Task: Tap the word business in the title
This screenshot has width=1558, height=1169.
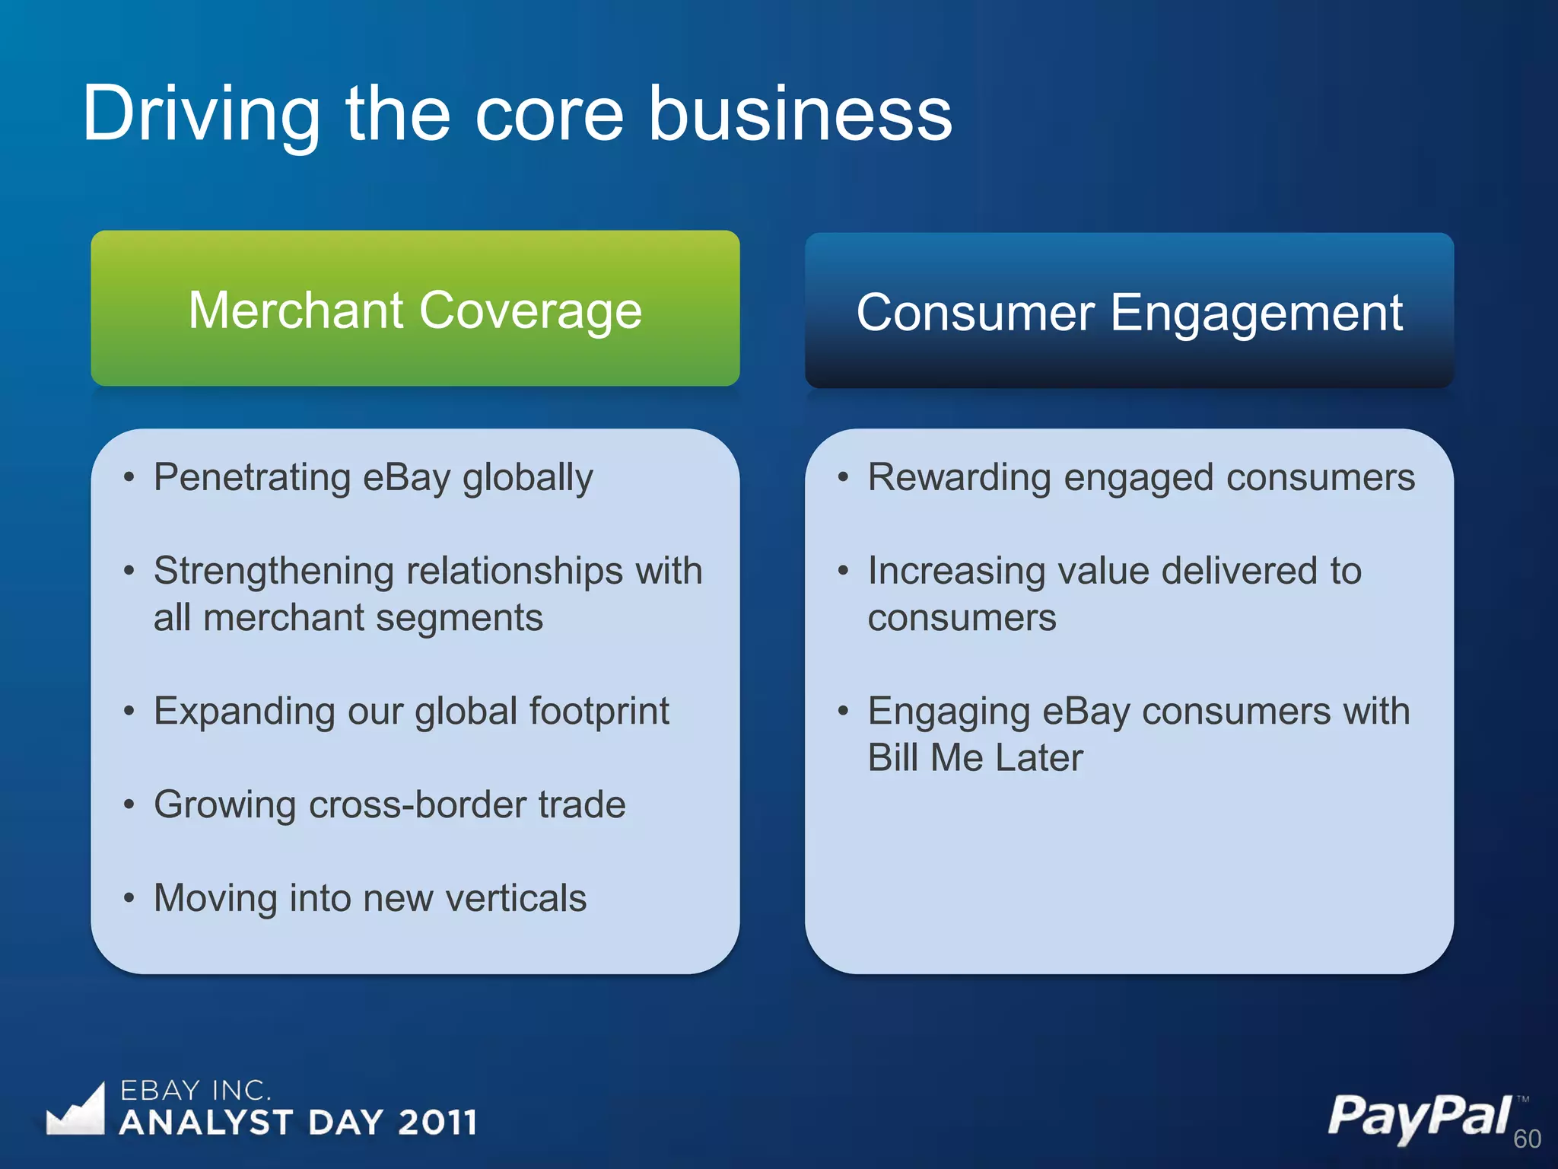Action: pos(800,114)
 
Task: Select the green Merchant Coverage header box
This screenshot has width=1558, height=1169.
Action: pos(415,308)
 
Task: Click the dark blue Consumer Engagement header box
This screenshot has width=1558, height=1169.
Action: pos(1129,311)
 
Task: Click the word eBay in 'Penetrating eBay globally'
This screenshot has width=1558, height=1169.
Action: pos(407,478)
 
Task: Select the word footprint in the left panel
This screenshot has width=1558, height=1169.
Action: pos(599,711)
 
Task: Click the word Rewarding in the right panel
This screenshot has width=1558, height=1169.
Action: pos(959,478)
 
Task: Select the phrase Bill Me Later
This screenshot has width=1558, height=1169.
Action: pos(975,758)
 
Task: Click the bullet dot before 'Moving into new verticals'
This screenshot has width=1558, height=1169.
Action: pos(129,898)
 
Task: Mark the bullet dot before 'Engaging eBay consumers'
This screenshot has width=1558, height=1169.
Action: pos(843,711)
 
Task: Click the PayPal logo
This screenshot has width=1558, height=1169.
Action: pos(1419,1117)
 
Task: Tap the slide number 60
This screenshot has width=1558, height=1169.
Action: pos(1527,1139)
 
